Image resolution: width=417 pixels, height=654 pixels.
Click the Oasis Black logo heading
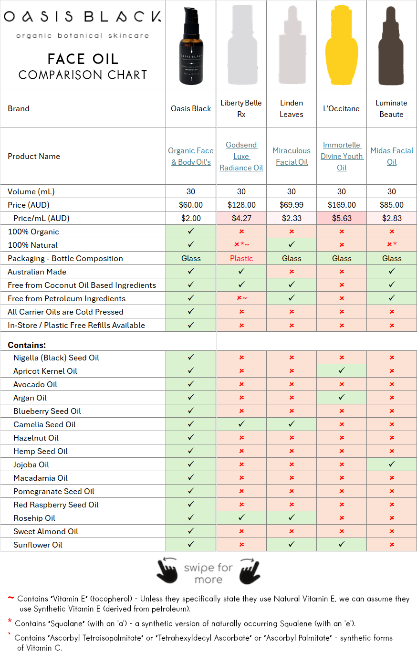[82, 18]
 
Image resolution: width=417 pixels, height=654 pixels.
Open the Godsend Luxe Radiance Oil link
[241, 156]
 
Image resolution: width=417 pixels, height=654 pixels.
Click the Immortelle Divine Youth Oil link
[341, 156]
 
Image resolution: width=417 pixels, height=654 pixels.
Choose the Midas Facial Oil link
[391, 156]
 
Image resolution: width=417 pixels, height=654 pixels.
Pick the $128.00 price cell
[241, 205]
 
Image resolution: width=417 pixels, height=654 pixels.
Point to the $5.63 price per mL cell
[341, 218]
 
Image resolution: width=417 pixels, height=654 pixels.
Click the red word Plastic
[241, 258]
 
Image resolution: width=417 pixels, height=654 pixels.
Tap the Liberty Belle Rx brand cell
[241, 108]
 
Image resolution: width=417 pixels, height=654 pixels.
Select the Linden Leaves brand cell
[291, 108]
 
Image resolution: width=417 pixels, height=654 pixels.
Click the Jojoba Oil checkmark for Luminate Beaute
[391, 464]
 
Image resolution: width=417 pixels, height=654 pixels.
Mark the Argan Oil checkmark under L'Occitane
[341, 397]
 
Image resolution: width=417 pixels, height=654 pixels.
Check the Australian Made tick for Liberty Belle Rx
[241, 272]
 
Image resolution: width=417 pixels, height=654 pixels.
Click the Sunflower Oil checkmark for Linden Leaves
[291, 544]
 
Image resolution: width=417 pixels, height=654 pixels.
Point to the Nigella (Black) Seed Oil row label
[56, 358]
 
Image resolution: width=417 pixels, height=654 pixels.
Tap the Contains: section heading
[27, 345]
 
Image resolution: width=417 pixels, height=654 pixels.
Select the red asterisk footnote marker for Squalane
[10, 622]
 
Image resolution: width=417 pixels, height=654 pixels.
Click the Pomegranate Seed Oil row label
[53, 491]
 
